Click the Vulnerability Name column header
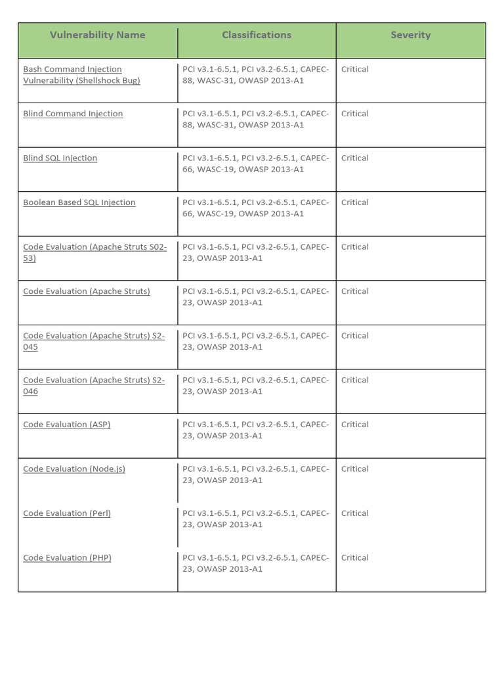pyautogui.click(x=97, y=35)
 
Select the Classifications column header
pyautogui.click(x=257, y=35)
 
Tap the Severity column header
pyautogui.click(x=410, y=35)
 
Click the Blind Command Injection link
pyautogui.click(x=73, y=114)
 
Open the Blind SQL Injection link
pyautogui.click(x=60, y=158)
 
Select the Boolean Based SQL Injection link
pyautogui.click(x=79, y=202)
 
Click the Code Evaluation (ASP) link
pyautogui.click(x=66, y=425)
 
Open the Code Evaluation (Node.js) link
pyautogui.click(x=74, y=469)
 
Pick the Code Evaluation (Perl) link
pyautogui.click(x=67, y=513)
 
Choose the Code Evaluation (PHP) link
pyautogui.click(x=67, y=558)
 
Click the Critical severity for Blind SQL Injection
pyautogui.click(x=354, y=158)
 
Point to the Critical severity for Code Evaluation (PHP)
pyautogui.click(x=354, y=558)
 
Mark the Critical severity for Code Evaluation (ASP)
pyautogui.click(x=354, y=425)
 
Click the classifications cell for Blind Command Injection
pyautogui.click(x=256, y=119)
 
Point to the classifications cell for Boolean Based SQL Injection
pyautogui.click(x=256, y=208)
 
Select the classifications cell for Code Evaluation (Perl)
pyautogui.click(x=256, y=519)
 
